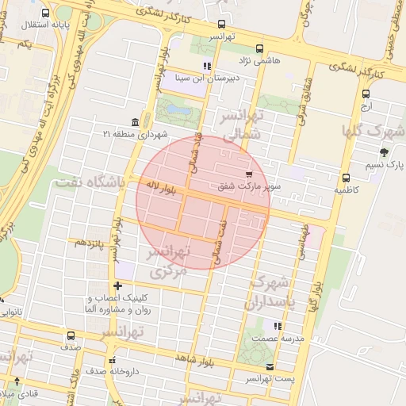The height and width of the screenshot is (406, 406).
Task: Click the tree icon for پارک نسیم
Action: click(x=384, y=151)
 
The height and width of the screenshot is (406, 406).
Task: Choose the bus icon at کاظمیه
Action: click(x=346, y=178)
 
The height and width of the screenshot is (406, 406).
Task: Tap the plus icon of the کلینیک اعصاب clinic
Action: click(x=118, y=285)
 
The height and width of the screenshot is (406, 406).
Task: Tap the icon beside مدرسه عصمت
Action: click(x=277, y=325)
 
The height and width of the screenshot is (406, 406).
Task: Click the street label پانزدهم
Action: click(x=90, y=243)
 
